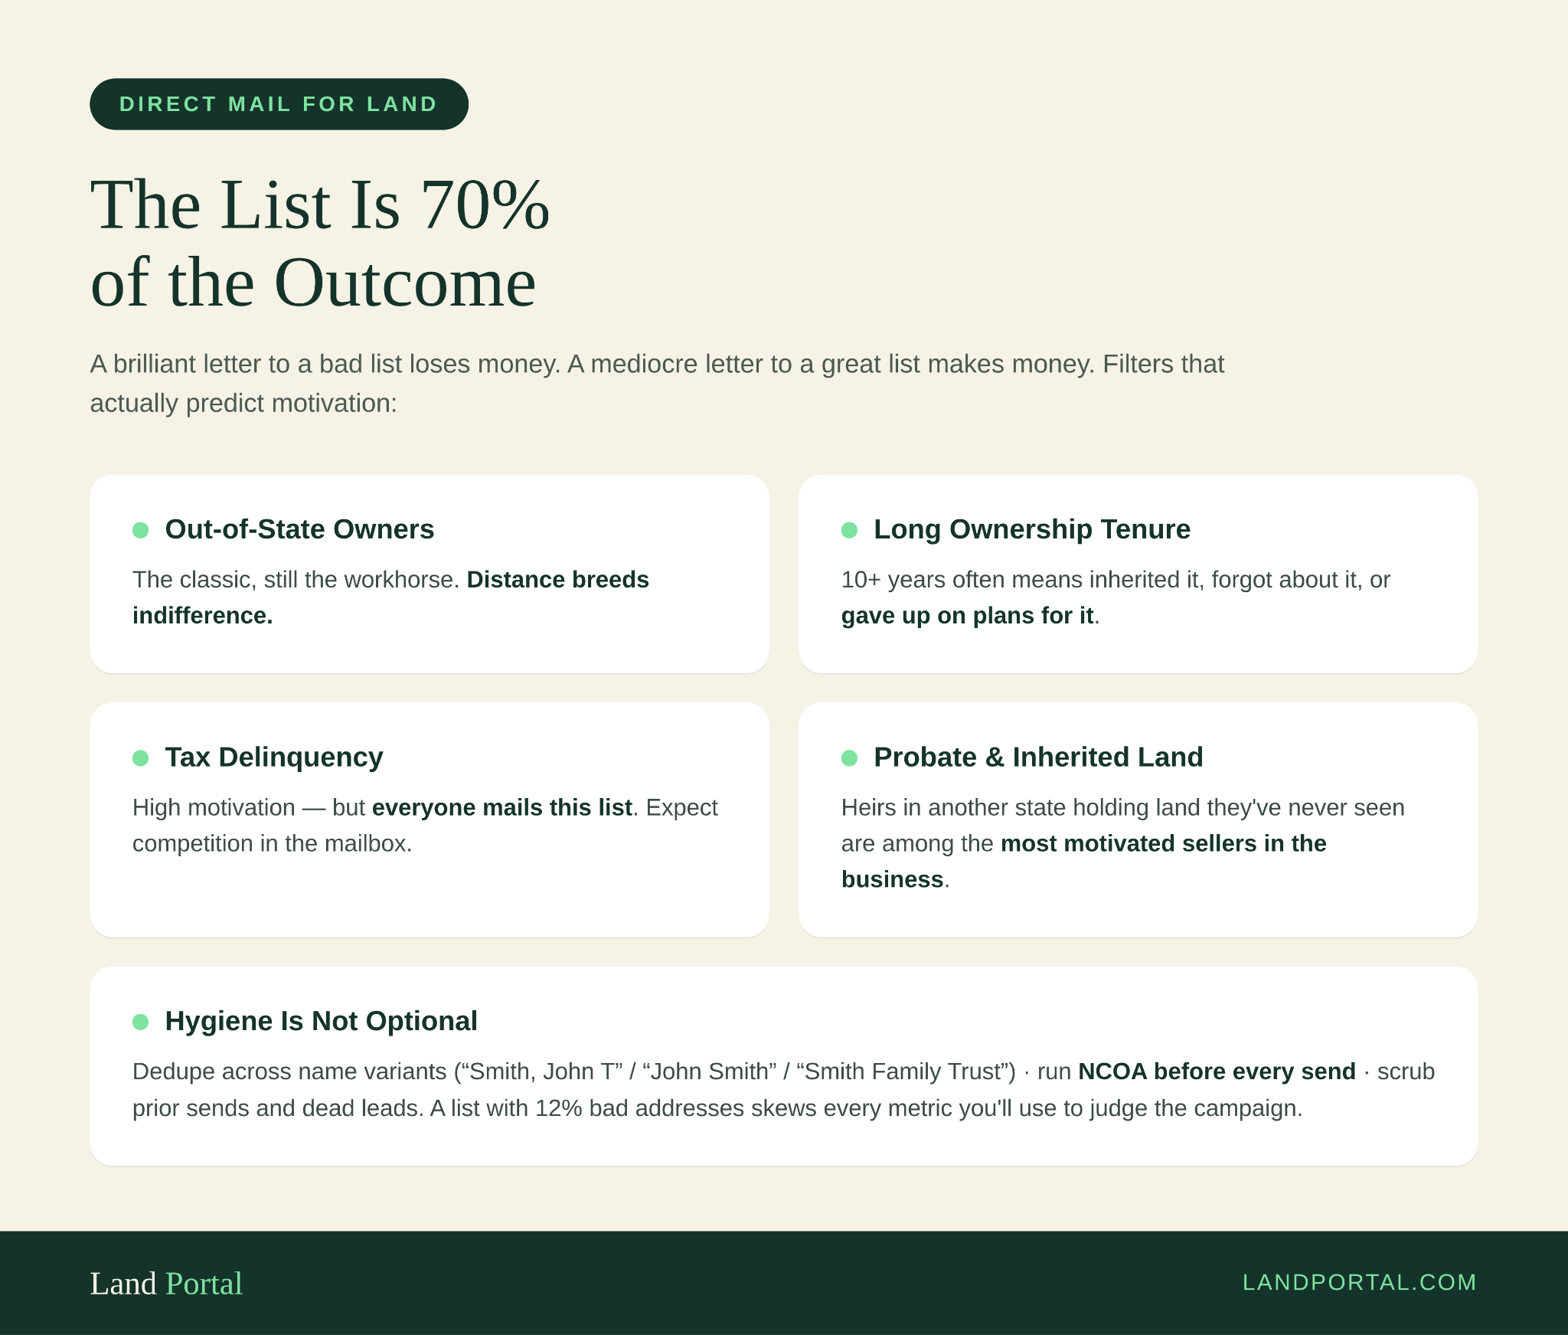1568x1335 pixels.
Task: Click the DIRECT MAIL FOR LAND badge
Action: pyautogui.click(x=279, y=104)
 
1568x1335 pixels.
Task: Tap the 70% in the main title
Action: pyautogui.click(x=485, y=205)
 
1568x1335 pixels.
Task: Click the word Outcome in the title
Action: pyautogui.click(x=405, y=283)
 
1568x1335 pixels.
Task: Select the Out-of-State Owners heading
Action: pyautogui.click(x=299, y=529)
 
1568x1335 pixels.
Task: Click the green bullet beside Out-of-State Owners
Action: pyautogui.click(x=141, y=530)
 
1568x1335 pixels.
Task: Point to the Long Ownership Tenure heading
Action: pyautogui.click(x=1032, y=529)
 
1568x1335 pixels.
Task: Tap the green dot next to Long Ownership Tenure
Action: pyautogui.click(x=850, y=530)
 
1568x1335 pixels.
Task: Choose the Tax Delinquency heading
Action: pyautogui.click(x=274, y=757)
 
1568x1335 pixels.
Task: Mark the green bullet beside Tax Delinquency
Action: pyautogui.click(x=141, y=758)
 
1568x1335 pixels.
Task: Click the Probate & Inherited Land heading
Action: pyautogui.click(x=1038, y=757)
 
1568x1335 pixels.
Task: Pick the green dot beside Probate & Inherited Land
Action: pyautogui.click(x=850, y=758)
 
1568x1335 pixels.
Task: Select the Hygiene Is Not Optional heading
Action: pyautogui.click(x=322, y=1021)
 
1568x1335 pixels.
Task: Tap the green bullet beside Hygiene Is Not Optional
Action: pyautogui.click(x=141, y=1022)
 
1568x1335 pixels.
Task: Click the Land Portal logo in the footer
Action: pyautogui.click(x=166, y=1284)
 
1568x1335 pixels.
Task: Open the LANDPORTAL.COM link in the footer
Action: pyautogui.click(x=1359, y=1282)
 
